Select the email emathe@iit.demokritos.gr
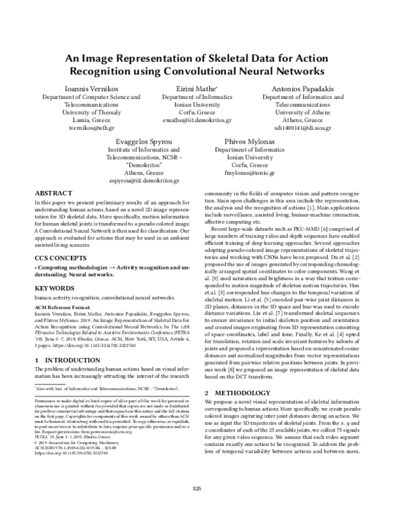197,121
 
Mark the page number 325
197,488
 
